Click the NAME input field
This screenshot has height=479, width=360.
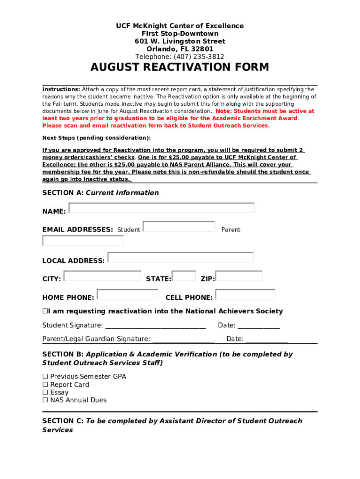(162, 208)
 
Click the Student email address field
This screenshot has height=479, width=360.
(179, 226)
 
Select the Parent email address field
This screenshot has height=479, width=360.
(83, 240)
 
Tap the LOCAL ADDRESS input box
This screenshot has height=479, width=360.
(180, 257)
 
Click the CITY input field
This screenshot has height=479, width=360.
(102, 276)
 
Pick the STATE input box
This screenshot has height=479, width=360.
(184, 276)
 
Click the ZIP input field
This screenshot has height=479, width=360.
(246, 276)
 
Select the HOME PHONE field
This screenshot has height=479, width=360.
(128, 294)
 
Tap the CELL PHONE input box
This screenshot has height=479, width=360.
(245, 294)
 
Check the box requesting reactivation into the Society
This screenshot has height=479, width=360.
(45, 312)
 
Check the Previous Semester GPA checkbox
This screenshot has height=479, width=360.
(45, 377)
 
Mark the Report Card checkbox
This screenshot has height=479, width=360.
(45, 385)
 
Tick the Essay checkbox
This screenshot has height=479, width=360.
(45, 392)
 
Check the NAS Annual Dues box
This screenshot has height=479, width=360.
(45, 400)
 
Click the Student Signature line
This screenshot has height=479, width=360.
(155, 326)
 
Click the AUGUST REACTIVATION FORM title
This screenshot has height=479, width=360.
(180, 68)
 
